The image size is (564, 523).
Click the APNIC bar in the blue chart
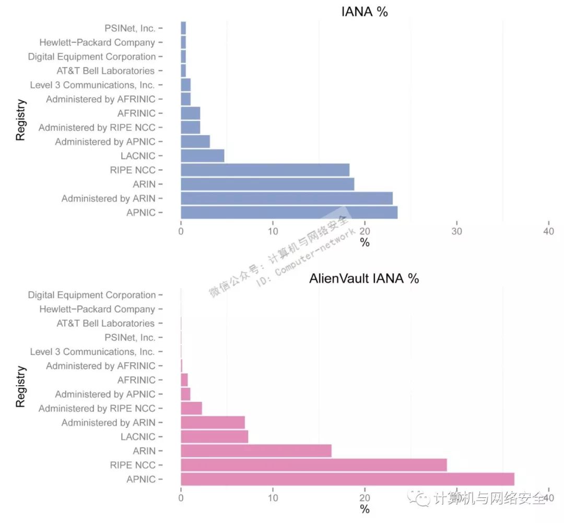click(289, 212)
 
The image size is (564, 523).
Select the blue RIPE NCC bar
click(265, 170)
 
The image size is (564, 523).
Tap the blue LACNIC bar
click(202, 156)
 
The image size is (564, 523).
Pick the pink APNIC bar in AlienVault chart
click(347, 479)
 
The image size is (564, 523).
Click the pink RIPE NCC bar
click(313, 465)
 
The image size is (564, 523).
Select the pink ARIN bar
click(256, 451)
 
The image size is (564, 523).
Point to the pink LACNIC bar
click(214, 437)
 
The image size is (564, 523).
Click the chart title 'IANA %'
click(365, 11)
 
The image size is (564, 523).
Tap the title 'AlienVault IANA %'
click(364, 278)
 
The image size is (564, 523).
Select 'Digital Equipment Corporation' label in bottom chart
click(92, 295)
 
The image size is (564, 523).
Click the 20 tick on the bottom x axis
click(365, 497)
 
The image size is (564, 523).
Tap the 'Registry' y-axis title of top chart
click(20, 120)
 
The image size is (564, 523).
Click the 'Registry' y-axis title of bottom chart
click(20, 387)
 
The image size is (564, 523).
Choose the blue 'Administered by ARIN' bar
click(286, 198)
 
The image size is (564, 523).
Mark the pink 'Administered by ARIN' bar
click(213, 423)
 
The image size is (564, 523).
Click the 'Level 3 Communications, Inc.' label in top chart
click(92, 85)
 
